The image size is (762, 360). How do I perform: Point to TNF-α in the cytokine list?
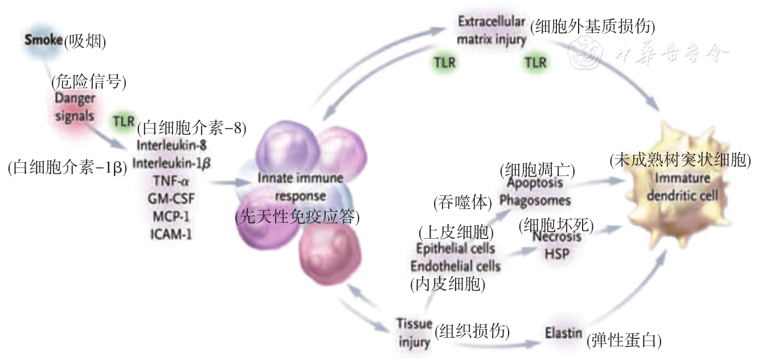tap(171, 181)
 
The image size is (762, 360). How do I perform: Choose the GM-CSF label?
tap(171, 199)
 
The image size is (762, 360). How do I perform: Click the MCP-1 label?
tap(171, 216)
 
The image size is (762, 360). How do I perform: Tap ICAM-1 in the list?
tap(171, 234)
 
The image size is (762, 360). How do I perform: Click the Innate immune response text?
tap(300, 187)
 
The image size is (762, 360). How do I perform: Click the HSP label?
tap(556, 253)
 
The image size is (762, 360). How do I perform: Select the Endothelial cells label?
tap(455, 265)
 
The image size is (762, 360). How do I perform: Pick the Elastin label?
tap(563, 333)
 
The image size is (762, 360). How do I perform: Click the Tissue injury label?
tap(414, 333)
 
